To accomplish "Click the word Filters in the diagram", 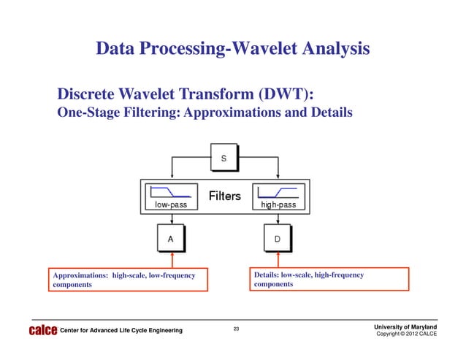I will point(225,196).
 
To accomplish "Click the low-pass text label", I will point(170,205).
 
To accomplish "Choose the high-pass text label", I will point(278,205).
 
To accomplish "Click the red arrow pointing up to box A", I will point(171,258).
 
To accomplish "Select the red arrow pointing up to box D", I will point(278,258).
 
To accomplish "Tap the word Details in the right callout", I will point(265,275).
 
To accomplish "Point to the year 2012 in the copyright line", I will point(414,334).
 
